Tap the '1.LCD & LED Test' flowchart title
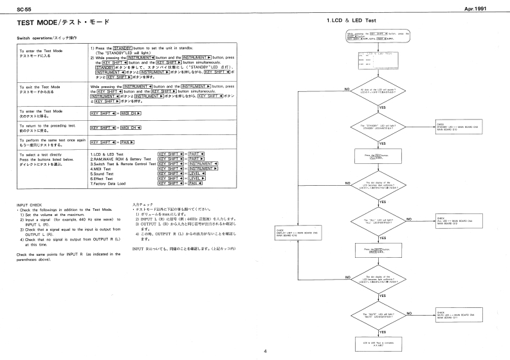coord(351,22)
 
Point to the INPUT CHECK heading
coord(24,206)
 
